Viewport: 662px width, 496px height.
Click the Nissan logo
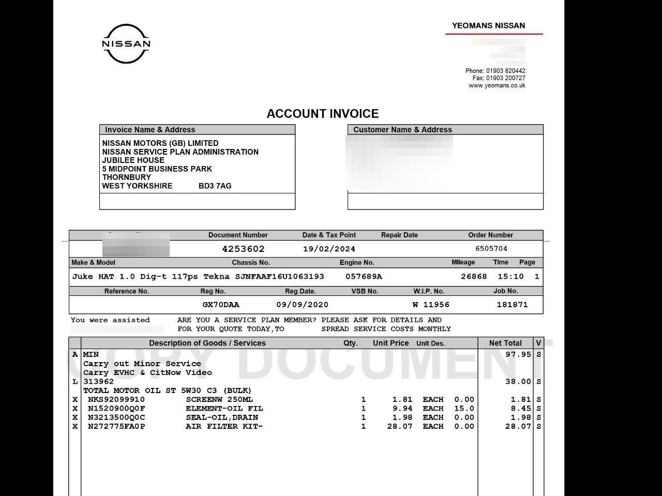click(126, 44)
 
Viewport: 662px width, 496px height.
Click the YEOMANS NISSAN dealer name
click(488, 25)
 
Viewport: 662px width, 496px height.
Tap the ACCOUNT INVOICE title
click(323, 114)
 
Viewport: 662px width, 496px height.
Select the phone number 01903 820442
click(505, 71)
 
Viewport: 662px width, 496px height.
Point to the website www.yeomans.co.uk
click(497, 86)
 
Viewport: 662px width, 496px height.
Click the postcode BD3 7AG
click(215, 186)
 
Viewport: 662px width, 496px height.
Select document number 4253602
click(243, 249)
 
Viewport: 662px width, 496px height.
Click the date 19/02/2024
click(329, 249)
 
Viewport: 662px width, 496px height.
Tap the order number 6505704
click(491, 249)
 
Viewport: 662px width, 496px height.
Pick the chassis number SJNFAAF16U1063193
click(280, 277)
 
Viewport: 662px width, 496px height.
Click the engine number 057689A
click(364, 277)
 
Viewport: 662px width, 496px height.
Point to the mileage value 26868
click(474, 277)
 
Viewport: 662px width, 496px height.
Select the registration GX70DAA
click(221, 305)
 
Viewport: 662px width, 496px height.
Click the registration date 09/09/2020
click(302, 305)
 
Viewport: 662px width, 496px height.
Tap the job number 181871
click(512, 305)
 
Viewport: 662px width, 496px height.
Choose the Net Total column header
click(505, 343)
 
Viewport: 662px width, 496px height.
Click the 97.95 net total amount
click(518, 355)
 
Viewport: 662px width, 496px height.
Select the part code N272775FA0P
click(116, 427)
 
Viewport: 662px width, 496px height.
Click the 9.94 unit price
click(402, 409)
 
